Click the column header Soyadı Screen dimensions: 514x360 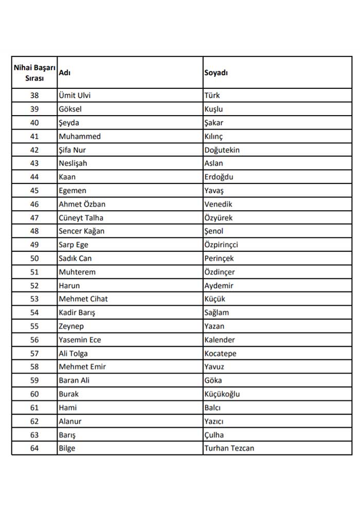[x=216, y=72]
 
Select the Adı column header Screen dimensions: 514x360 [x=65, y=72]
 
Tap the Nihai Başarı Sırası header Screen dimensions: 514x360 [x=34, y=72]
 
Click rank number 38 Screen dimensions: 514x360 [x=34, y=96]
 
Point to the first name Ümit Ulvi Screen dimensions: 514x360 [x=75, y=96]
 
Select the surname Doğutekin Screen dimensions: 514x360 [x=222, y=150]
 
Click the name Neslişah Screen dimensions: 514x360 [x=73, y=163]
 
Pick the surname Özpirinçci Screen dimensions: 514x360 [x=221, y=245]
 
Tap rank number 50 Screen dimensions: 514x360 [x=34, y=259]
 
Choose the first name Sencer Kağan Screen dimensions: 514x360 [x=82, y=231]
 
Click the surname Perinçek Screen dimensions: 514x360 [x=219, y=259]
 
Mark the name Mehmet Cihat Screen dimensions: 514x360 [x=83, y=299]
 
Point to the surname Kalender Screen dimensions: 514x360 [x=220, y=340]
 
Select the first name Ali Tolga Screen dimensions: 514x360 [x=73, y=354]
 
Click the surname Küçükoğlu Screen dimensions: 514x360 [x=222, y=394]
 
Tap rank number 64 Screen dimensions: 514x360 [x=34, y=448]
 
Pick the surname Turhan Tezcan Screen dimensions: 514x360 [x=229, y=448]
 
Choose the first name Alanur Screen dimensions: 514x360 [x=70, y=421]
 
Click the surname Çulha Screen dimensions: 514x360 [x=214, y=435]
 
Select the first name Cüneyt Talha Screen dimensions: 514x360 [x=81, y=218]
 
